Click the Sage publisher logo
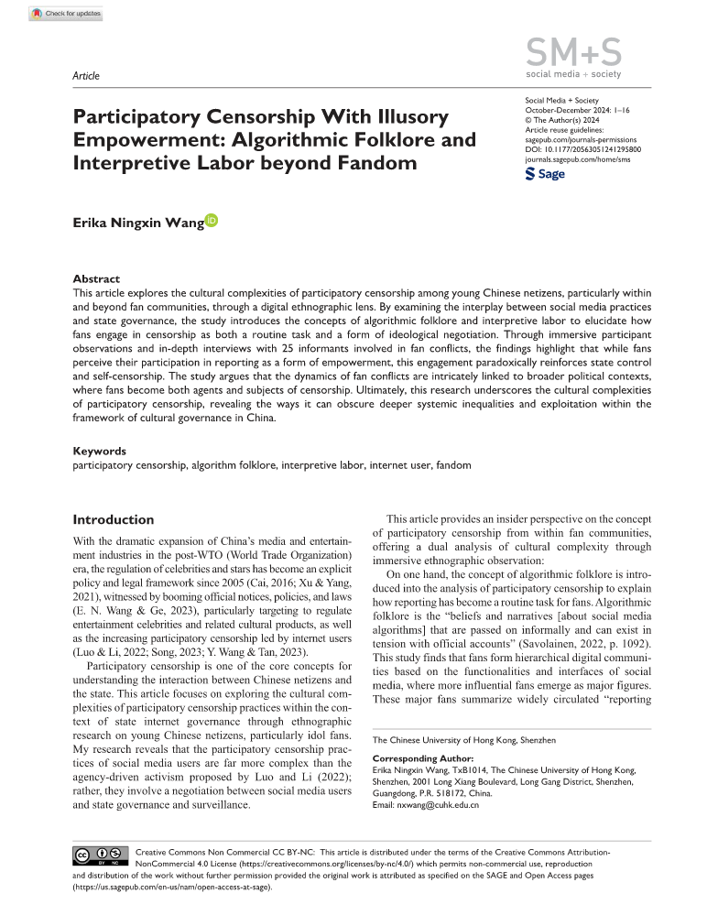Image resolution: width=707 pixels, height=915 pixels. pyautogui.click(x=545, y=174)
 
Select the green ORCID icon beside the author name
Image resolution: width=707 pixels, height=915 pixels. pyautogui.click(x=212, y=221)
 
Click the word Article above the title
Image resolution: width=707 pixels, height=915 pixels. pyautogui.click(x=85, y=76)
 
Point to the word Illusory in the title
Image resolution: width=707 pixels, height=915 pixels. pyautogui.click(x=407, y=117)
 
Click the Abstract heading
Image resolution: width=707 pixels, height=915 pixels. pyautogui.click(x=95, y=278)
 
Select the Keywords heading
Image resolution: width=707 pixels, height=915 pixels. pyautogui.click(x=100, y=452)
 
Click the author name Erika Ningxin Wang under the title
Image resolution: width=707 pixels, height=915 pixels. pyautogui.click(x=138, y=223)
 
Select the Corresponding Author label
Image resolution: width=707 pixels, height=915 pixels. pyautogui.click(x=422, y=759)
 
